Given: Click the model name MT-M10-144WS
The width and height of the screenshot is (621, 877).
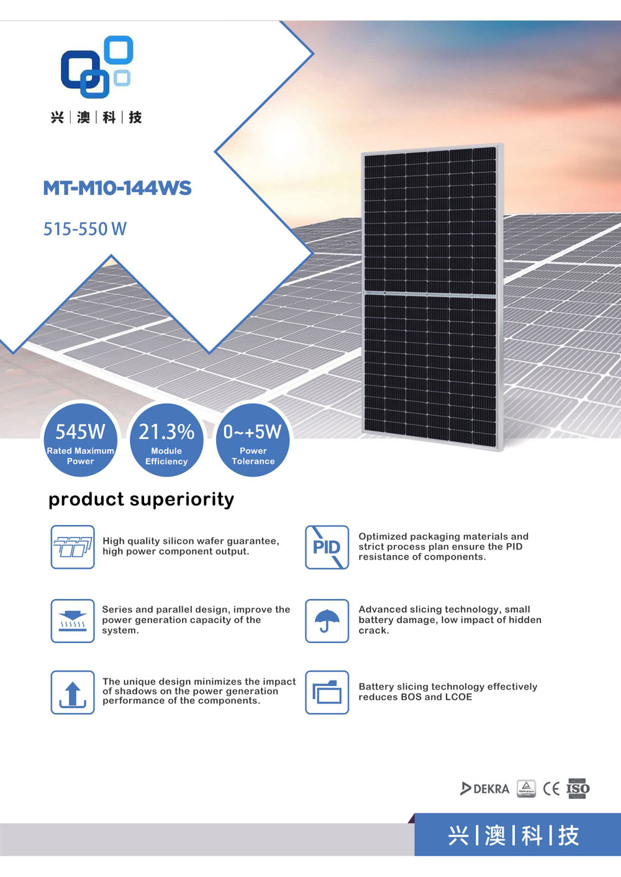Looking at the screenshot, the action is pos(117,188).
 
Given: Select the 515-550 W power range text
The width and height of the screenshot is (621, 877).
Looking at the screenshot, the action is pos(84,229).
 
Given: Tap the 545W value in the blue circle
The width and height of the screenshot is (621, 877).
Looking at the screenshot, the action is pos(80,432).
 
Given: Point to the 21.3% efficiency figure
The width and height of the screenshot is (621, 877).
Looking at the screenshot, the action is pos(166,432).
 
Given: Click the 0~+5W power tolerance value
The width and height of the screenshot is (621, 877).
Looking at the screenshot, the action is pos(252,432).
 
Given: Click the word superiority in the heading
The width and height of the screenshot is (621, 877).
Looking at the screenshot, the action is pos(182,500).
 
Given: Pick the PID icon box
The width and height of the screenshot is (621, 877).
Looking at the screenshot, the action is pos(327,547).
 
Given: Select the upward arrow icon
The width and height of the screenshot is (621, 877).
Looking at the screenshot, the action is pos(73,694).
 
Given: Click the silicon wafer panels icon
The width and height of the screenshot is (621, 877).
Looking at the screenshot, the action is pos(73,547).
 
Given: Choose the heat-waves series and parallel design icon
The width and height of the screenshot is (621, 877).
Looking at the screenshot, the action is pos(73,621).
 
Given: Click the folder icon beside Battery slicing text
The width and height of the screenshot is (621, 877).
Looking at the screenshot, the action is pos(327,692).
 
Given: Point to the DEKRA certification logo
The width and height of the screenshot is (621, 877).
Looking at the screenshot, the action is pos(484,788).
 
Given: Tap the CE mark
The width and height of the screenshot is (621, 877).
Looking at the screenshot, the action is pos(551,788).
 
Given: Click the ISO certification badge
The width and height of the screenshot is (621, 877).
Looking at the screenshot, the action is pos(578,788).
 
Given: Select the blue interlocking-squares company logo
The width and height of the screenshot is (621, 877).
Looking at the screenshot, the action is pos(97,66).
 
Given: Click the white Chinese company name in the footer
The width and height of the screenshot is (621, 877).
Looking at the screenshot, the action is pos(513,835).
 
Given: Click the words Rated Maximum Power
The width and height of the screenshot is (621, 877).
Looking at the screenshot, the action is pos(80,456).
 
